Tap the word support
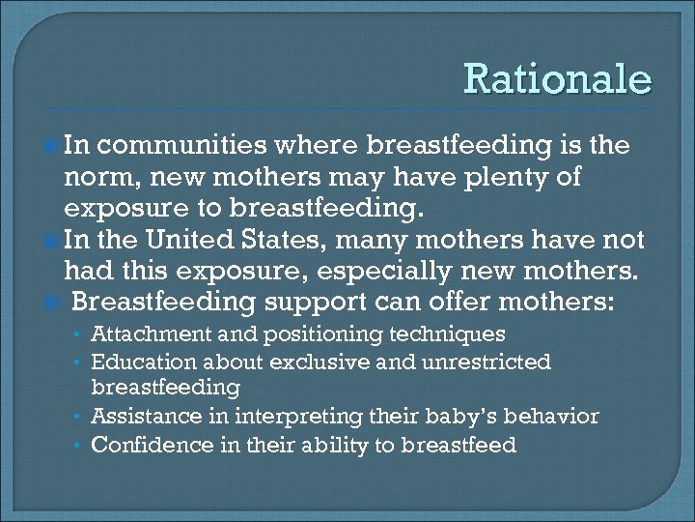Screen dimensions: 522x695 click(x=312, y=303)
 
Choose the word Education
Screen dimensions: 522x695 click(x=141, y=362)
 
